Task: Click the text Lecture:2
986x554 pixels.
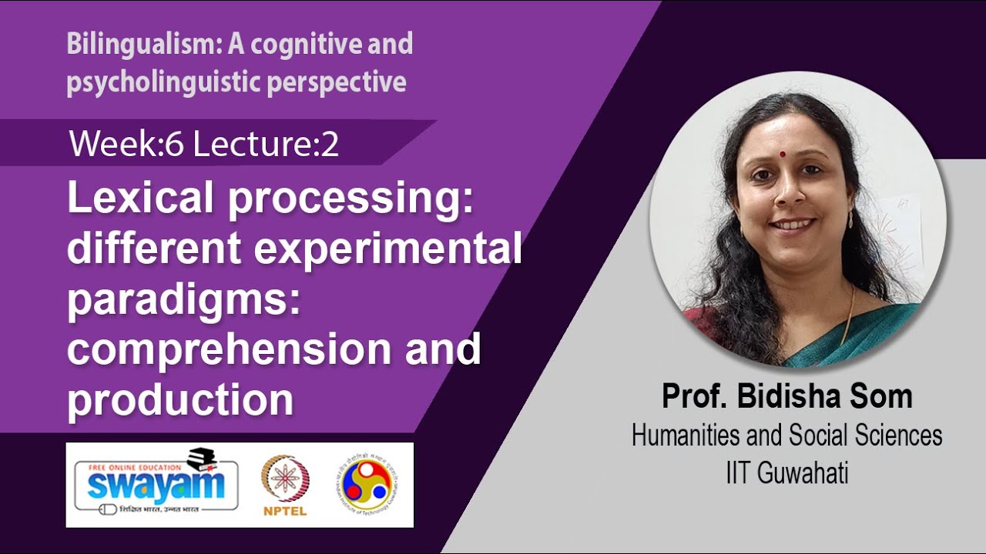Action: click(x=266, y=144)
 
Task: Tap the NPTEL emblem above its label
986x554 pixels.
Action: click(x=285, y=479)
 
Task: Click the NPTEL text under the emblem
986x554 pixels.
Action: click(x=285, y=512)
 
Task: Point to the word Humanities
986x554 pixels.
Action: click(x=686, y=436)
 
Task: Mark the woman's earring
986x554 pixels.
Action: click(x=850, y=220)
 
